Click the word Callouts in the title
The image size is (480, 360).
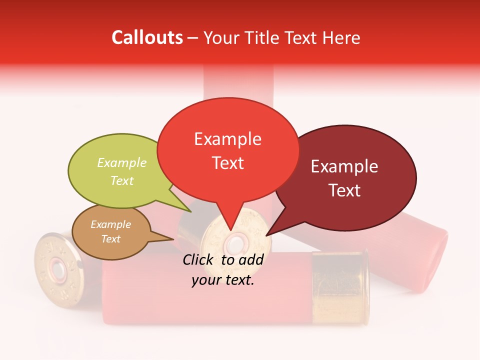point(147,37)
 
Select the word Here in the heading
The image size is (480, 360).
point(340,38)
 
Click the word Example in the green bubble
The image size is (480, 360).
point(122,163)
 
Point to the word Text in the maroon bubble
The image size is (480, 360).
point(344,190)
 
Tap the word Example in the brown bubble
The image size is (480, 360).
point(110,224)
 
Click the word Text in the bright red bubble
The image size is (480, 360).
point(227,163)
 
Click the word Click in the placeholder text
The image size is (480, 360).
point(199,259)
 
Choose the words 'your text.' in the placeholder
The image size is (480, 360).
point(223,280)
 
